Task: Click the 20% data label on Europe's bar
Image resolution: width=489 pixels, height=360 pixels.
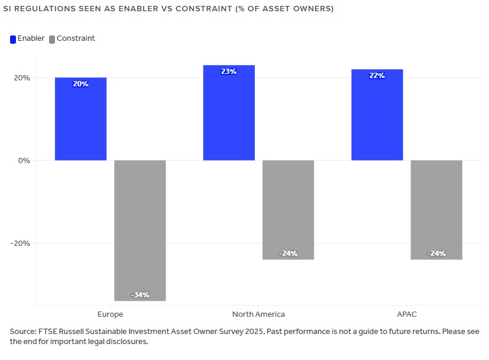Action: pyautogui.click(x=80, y=84)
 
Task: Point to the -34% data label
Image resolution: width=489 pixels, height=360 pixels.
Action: pyautogui.click(x=140, y=294)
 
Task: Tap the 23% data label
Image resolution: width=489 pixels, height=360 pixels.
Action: pyautogui.click(x=229, y=72)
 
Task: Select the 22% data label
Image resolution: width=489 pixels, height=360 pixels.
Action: pyautogui.click(x=377, y=76)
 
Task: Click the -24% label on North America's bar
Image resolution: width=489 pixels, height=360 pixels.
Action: pyautogui.click(x=288, y=254)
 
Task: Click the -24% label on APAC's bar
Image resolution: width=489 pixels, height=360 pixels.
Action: pyautogui.click(x=436, y=254)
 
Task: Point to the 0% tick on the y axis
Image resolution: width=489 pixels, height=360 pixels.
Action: pyautogui.click(x=23, y=160)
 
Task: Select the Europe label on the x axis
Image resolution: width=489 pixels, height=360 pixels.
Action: pyautogui.click(x=110, y=314)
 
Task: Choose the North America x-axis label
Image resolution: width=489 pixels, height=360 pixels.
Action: pyautogui.click(x=258, y=314)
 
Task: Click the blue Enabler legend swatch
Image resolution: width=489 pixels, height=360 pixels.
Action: pyautogui.click(x=13, y=39)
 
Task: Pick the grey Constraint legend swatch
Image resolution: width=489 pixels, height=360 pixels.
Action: pyautogui.click(x=52, y=39)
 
